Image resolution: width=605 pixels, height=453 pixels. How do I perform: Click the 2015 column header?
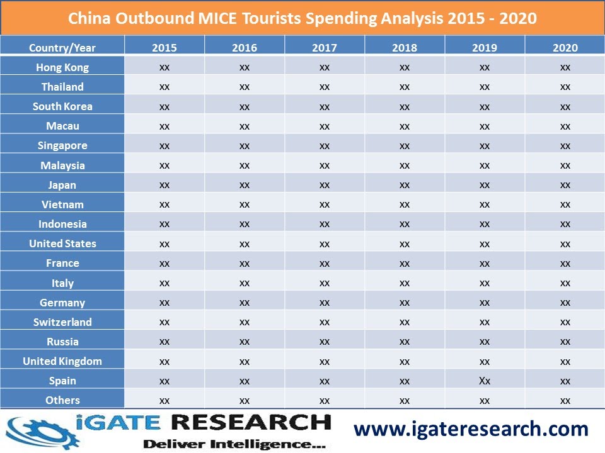pyautogui.click(x=164, y=48)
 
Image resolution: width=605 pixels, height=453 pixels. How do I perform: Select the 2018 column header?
pyautogui.click(x=405, y=48)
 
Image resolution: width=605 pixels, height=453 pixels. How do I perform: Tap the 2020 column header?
pyautogui.click(x=565, y=48)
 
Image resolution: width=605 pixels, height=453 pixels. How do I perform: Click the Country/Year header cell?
pyautogui.click(x=62, y=48)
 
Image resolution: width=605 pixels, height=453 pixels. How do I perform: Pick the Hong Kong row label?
pyautogui.click(x=62, y=67)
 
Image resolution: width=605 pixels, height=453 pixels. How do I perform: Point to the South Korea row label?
pyautogui.click(x=62, y=106)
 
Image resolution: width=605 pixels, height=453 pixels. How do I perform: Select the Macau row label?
pyautogui.click(x=62, y=126)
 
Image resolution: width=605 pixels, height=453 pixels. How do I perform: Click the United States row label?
pyautogui.click(x=62, y=243)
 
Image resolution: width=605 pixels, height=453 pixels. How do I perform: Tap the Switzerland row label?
pyautogui.click(x=62, y=322)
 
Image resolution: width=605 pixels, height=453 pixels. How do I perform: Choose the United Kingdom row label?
pyautogui.click(x=62, y=361)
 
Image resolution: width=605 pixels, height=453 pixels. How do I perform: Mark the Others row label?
pyautogui.click(x=62, y=400)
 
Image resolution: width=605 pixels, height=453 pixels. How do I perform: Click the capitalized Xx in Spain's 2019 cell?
pyautogui.click(x=485, y=381)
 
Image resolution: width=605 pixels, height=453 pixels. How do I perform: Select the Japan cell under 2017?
pyautogui.click(x=325, y=185)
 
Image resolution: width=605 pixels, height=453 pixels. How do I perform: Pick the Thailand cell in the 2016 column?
pyautogui.click(x=245, y=87)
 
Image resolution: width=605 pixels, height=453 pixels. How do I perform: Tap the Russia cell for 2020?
pyautogui.click(x=565, y=342)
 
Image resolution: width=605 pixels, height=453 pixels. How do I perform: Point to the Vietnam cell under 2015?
pyautogui.click(x=164, y=204)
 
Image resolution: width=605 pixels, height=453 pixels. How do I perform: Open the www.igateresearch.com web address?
pyautogui.click(x=471, y=429)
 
